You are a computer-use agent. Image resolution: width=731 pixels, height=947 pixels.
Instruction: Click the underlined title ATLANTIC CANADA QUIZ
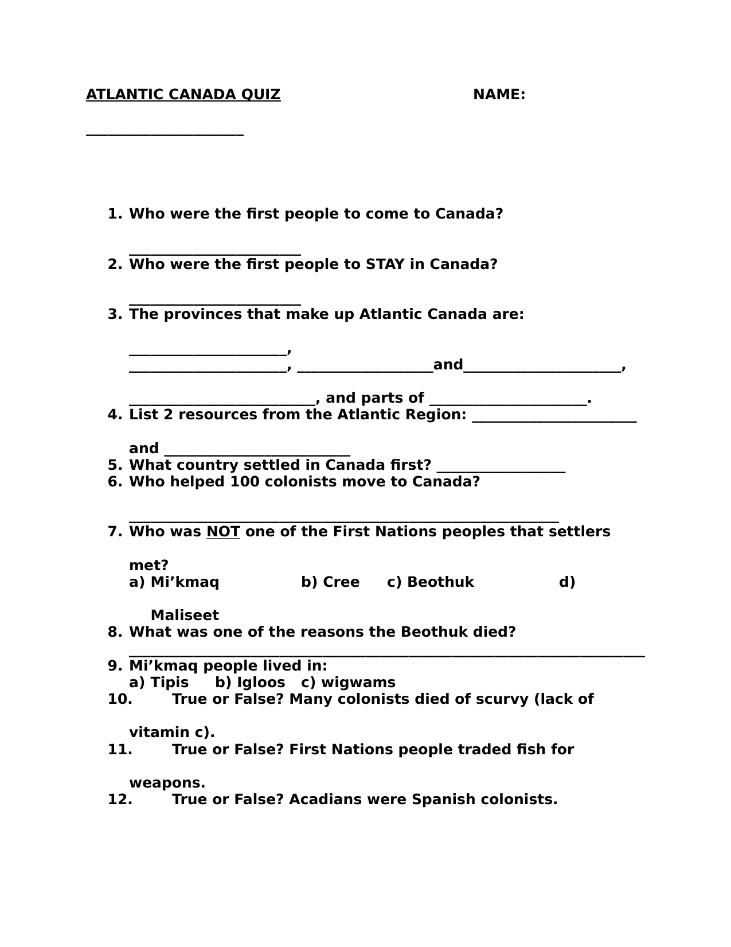(x=183, y=95)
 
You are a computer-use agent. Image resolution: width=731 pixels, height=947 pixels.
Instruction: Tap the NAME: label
(x=499, y=95)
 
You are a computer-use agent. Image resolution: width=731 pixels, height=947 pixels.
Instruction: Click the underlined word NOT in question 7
(x=223, y=532)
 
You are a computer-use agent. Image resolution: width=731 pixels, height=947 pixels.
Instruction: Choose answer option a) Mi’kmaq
(x=174, y=582)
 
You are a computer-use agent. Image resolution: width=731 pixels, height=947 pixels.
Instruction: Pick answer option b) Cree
(x=330, y=582)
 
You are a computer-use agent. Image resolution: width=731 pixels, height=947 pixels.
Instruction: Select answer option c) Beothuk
(x=431, y=582)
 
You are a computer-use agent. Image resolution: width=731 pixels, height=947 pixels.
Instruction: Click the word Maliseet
(x=185, y=615)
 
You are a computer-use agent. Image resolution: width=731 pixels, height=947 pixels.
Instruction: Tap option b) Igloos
(x=250, y=683)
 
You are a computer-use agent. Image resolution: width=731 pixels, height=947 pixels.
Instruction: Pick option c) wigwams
(x=348, y=683)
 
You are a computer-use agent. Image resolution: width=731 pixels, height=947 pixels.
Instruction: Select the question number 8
(x=114, y=632)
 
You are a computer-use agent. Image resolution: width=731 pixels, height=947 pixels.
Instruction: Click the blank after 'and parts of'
(x=507, y=403)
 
